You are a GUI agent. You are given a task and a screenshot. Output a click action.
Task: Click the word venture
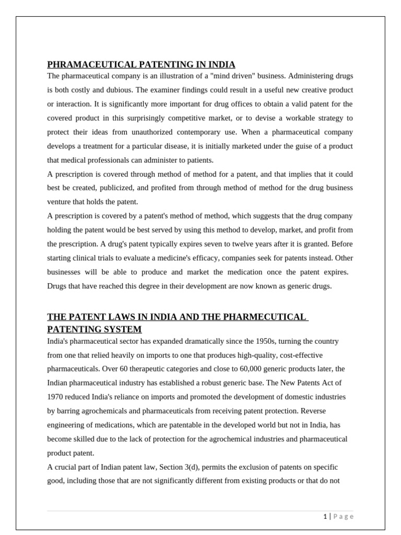pos(59,202)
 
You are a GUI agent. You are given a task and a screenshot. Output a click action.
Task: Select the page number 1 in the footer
pos(325,517)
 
